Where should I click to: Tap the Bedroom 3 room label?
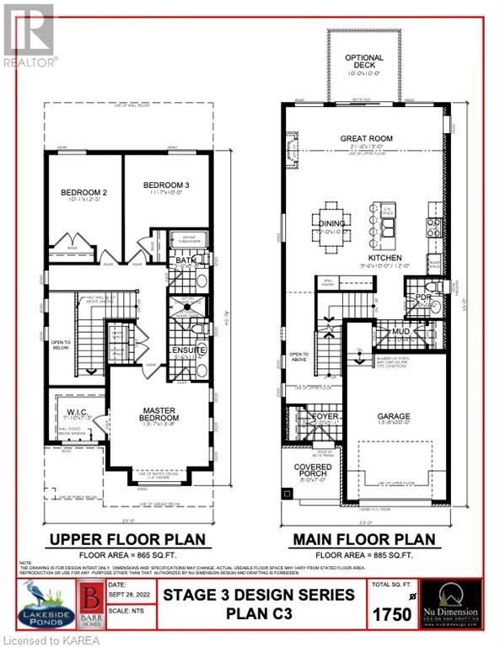[165, 185]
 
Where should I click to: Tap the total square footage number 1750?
[390, 614]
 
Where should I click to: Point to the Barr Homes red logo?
[90, 604]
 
